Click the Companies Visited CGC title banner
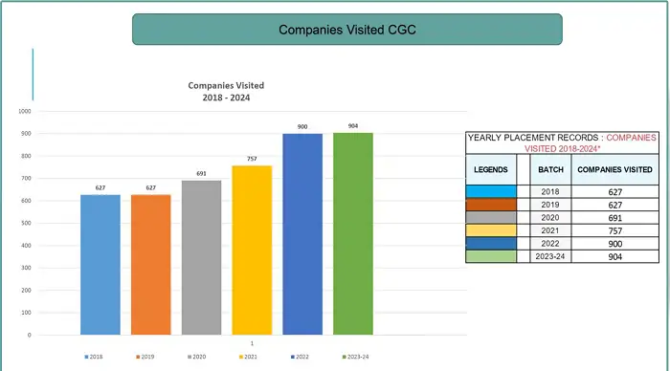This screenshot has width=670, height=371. coord(346,30)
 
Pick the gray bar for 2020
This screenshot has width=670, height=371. coord(201,258)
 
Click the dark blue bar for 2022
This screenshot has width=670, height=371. coord(302,234)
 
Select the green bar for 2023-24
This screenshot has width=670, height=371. coord(353,234)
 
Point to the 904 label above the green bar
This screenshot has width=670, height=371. coord(353,125)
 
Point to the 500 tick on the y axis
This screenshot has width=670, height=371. coord(26,223)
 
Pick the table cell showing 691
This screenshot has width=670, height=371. coord(614,217)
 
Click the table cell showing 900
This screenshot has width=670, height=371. coord(614,243)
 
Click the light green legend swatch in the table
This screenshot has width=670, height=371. coord(491,256)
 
